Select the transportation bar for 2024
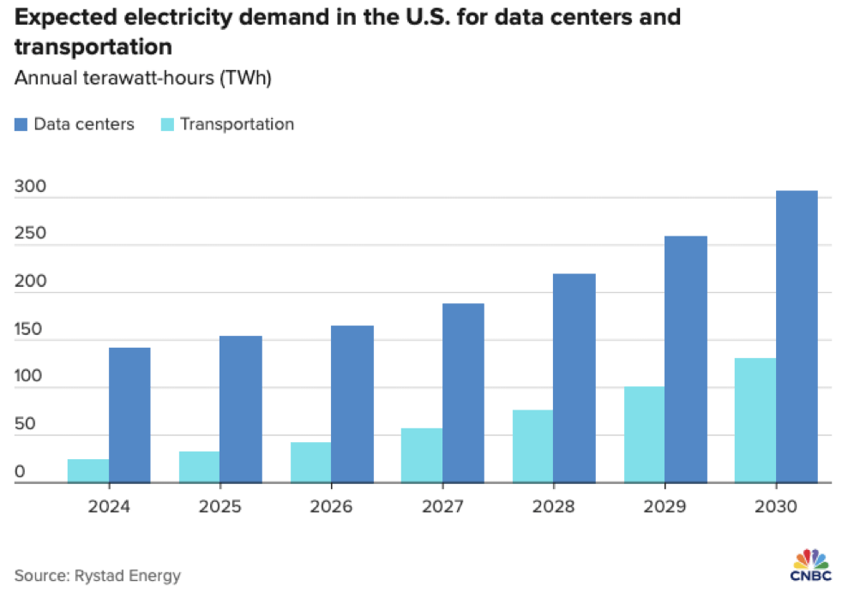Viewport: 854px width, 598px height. coord(88,471)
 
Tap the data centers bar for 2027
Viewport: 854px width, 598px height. coord(463,393)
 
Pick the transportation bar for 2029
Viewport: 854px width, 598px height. coord(644,434)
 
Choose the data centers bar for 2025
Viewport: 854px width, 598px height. coord(241,410)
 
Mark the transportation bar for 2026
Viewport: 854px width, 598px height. coord(310,463)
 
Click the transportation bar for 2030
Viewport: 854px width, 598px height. coord(755,421)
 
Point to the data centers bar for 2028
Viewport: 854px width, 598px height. coord(574,378)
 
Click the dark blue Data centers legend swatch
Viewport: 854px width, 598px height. coord(21,124)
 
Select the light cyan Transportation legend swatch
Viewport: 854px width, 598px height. coord(167,124)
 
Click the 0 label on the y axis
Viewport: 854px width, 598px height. coord(20,472)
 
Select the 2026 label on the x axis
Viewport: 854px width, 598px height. coord(331,506)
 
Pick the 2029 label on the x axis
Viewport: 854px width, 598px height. coord(665,506)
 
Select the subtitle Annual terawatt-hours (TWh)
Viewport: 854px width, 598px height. coord(143,78)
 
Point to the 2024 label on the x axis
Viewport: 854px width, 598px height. coord(109,506)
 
